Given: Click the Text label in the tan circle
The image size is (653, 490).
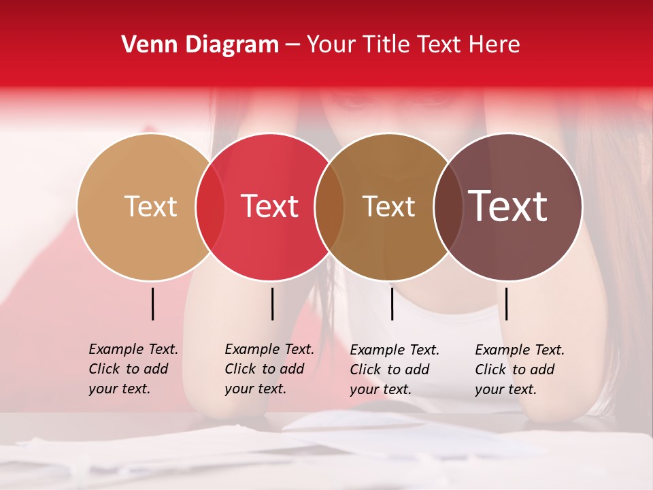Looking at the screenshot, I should point(150,206).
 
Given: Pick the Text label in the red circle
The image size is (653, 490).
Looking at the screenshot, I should point(269,206).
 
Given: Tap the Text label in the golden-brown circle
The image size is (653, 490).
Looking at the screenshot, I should point(388,206).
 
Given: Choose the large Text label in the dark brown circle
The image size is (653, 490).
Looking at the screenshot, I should point(508,206).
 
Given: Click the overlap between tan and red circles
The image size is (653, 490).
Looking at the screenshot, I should point(210,207).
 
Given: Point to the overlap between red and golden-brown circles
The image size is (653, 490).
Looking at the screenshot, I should point(329,207).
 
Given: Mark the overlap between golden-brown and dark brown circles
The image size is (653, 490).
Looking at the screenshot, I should point(448,207).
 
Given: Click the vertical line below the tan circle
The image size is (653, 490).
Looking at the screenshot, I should point(153,304).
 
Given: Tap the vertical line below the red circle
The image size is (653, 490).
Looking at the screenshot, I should point(272,304).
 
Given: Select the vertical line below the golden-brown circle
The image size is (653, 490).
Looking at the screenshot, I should point(392,304).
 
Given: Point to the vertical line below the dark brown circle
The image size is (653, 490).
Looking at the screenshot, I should point(506,304).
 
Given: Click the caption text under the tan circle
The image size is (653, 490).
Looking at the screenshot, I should point(133,369).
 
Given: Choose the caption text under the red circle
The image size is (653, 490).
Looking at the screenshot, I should point(269,369).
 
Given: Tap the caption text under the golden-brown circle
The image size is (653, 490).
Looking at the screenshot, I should point(395,370).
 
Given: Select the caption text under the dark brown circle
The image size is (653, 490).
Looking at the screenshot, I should point(520,370).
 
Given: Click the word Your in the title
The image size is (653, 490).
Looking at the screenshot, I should point(331,45).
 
